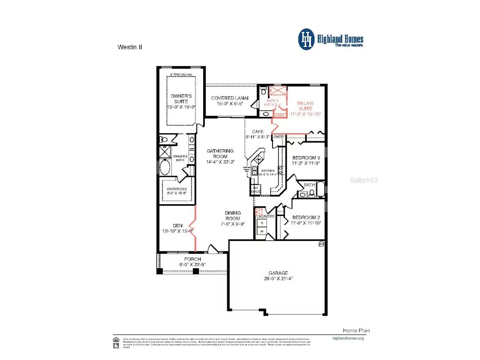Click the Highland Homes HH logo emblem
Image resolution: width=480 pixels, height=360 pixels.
click(x=306, y=39)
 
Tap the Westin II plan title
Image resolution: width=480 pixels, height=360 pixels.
click(x=130, y=47)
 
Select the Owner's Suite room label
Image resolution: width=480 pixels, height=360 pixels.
click(x=181, y=99)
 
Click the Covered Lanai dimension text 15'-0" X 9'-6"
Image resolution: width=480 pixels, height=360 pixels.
click(x=230, y=104)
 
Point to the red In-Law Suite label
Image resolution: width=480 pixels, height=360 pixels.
click(x=305, y=106)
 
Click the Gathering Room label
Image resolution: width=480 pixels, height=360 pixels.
click(x=220, y=153)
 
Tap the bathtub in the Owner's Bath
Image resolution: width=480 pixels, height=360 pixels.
click(x=165, y=167)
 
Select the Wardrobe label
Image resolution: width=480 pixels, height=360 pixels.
click(x=177, y=189)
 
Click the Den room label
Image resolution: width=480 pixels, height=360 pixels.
click(x=178, y=226)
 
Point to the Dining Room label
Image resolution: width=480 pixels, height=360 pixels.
click(x=233, y=216)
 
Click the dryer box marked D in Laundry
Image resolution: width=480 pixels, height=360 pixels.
click(x=262, y=223)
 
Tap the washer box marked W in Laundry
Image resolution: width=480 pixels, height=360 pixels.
click(x=262, y=231)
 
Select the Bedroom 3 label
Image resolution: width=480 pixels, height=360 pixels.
click(x=306, y=158)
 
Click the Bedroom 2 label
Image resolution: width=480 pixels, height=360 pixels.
click(x=306, y=217)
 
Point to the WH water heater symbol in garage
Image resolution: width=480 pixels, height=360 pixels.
click(x=321, y=244)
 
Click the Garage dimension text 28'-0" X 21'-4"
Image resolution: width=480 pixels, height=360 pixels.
click(x=278, y=278)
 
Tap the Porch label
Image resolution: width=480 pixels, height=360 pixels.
click(x=192, y=259)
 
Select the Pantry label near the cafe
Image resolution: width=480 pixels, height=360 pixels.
click(x=279, y=136)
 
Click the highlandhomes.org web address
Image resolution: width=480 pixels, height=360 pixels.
click(x=348, y=338)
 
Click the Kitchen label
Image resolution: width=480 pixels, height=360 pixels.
click(x=268, y=171)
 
